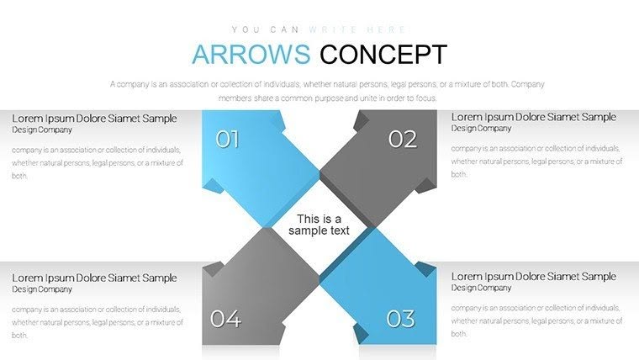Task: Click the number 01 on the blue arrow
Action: point(227,139)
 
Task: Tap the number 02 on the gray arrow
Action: point(403,139)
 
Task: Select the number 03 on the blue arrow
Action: point(401,319)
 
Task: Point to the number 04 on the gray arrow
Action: point(225,319)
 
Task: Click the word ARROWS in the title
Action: point(251,55)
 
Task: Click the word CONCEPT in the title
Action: point(383,55)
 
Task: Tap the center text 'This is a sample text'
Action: point(319,225)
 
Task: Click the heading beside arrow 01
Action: point(94,118)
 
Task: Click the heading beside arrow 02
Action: point(533,117)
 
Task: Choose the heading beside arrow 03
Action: point(533,277)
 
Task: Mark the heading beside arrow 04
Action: point(94,278)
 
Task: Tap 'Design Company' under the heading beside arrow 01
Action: point(42,130)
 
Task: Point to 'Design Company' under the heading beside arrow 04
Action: point(42,289)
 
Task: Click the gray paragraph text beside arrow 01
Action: point(98,162)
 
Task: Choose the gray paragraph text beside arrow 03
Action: point(536,321)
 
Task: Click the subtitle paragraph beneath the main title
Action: point(319,91)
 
